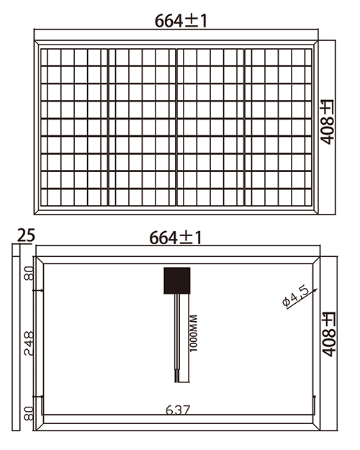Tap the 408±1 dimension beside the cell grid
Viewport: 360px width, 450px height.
point(328,122)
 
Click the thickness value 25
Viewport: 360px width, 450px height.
point(26,235)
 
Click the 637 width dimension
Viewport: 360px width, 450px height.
point(177,410)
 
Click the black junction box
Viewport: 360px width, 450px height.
point(177,281)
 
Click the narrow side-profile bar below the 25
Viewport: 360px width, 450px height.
point(16,338)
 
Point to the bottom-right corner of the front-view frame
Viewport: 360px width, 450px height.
point(318,214)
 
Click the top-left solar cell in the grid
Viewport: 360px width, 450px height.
point(48,57)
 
